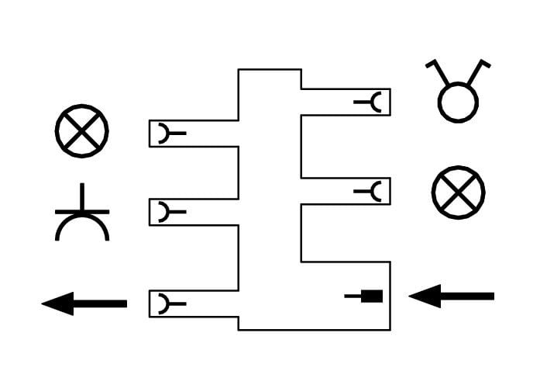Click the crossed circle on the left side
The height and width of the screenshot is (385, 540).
click(82, 130)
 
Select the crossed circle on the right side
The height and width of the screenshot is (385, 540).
click(458, 192)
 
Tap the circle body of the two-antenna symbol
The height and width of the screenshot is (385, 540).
click(458, 102)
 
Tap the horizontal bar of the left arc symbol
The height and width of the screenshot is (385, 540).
click(82, 211)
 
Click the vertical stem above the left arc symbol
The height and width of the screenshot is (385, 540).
click(82, 196)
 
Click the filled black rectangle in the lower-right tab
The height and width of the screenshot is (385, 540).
click(373, 296)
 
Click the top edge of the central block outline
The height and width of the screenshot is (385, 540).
click(270, 70)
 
